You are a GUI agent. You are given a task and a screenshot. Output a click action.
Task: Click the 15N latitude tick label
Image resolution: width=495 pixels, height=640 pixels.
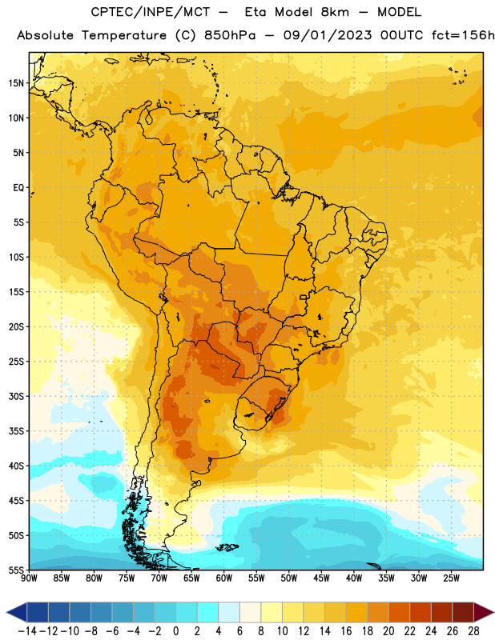click(x=15, y=83)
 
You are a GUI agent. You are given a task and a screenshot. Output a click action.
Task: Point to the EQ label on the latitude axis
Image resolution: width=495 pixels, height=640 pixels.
click(x=18, y=188)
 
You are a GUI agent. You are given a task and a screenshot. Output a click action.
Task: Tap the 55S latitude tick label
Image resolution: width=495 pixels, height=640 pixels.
click(x=15, y=570)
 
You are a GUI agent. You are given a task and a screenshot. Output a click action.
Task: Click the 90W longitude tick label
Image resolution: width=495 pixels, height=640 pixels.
click(x=30, y=578)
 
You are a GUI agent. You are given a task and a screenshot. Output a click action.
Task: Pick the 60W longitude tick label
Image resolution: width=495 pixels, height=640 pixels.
click(x=224, y=578)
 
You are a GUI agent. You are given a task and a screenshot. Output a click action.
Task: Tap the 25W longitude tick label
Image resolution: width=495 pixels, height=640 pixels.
click(x=451, y=578)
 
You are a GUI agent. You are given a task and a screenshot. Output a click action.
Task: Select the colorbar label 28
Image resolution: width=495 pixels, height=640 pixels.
click(x=473, y=631)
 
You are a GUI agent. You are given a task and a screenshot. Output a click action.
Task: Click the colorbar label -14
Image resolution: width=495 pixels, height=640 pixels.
click(x=27, y=631)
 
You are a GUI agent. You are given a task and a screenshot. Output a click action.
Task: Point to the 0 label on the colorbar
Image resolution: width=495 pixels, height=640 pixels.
click(x=175, y=631)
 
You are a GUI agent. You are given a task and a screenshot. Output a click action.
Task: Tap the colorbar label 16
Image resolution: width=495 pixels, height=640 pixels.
click(x=346, y=631)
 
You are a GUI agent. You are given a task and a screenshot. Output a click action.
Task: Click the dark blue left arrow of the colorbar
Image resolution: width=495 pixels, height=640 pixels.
click(x=17, y=612)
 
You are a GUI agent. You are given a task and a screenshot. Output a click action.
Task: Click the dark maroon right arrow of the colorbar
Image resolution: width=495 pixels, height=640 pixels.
click(x=484, y=612)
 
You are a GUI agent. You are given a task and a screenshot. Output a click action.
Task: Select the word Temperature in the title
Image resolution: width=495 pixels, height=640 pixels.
click(x=124, y=35)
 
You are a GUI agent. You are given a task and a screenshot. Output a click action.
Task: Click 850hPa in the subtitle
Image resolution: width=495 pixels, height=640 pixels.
click(x=230, y=35)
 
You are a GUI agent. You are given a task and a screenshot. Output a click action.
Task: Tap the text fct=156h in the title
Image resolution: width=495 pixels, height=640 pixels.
click(x=463, y=35)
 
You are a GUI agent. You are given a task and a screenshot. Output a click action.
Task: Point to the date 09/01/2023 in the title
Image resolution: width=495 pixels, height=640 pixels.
click(x=328, y=35)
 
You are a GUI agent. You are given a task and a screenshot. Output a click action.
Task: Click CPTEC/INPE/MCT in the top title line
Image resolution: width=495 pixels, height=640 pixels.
click(x=151, y=12)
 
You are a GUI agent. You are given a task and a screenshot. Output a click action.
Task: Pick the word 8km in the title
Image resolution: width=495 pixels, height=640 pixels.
click(x=335, y=12)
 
